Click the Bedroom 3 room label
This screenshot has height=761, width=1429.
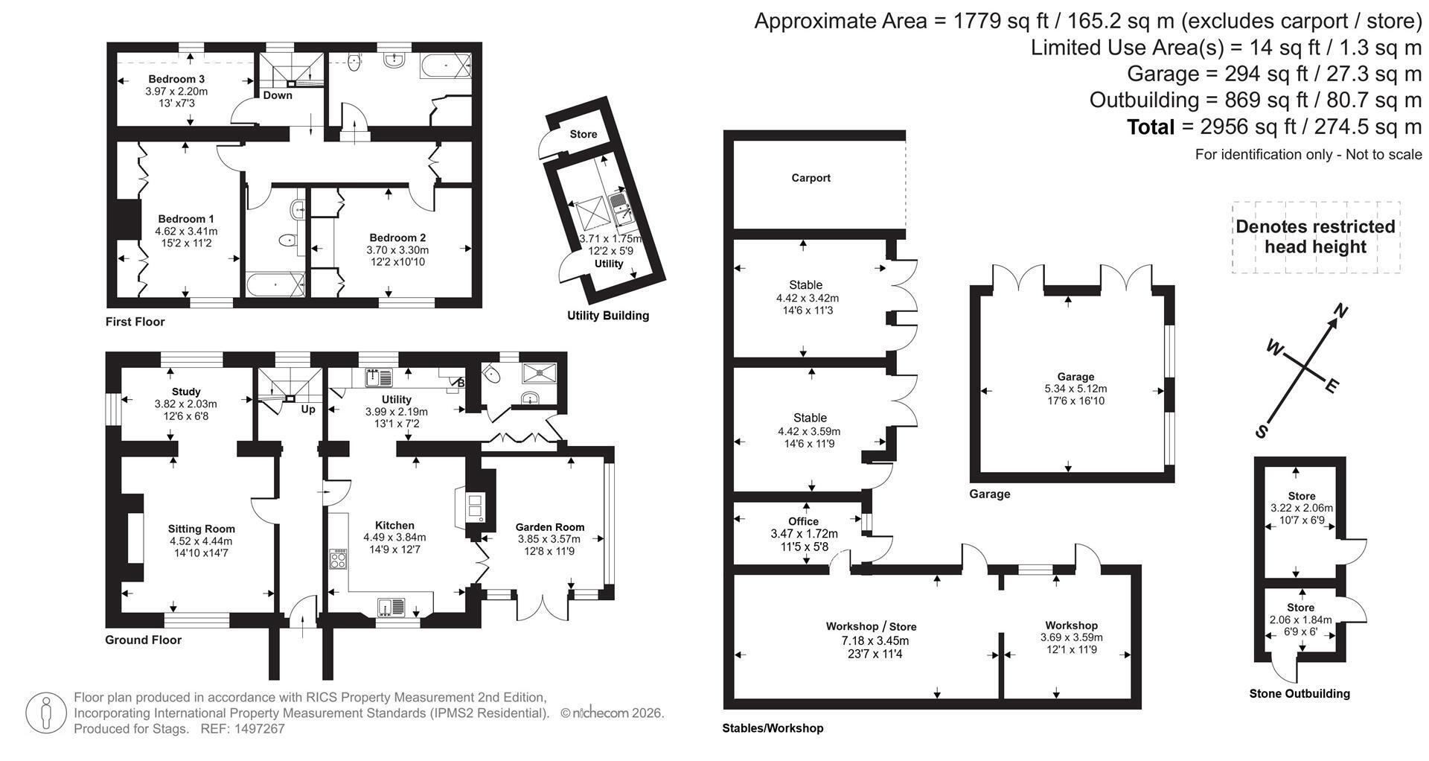coord(176,79)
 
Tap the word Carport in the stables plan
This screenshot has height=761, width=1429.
coord(811,178)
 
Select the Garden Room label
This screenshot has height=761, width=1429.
coord(550,527)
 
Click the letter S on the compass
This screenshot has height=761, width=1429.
coord(1262,431)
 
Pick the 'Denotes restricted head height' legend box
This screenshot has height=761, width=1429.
coord(1315,237)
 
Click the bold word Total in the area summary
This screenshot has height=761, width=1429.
coord(1150,127)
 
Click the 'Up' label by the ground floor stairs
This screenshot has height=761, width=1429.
coord(308,409)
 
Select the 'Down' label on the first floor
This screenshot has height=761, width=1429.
coord(278,95)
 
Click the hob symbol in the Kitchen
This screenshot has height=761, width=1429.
coord(339,559)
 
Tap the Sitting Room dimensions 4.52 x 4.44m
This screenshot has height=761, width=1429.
coord(201,541)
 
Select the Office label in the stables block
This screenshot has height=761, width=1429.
coord(803,521)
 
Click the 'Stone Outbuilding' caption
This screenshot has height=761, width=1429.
coord(1299,693)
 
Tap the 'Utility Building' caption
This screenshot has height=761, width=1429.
coord(608,316)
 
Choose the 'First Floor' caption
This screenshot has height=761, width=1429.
coord(135,322)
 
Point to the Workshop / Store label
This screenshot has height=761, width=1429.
coord(871,627)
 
